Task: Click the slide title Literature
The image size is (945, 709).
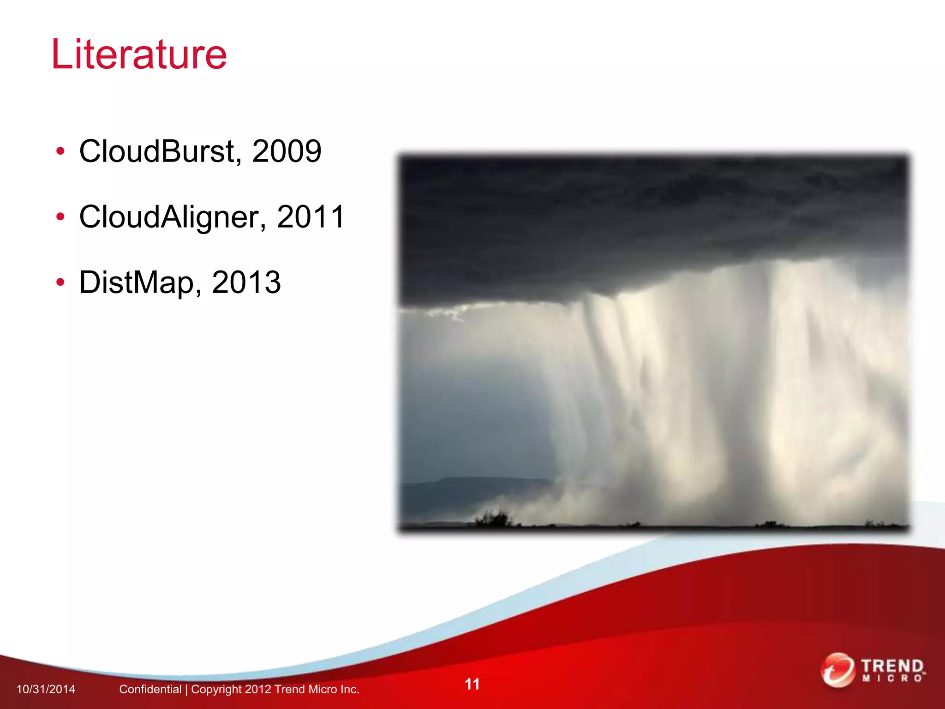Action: click(x=139, y=54)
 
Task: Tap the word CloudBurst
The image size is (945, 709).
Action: click(x=157, y=151)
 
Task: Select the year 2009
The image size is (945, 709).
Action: click(x=287, y=151)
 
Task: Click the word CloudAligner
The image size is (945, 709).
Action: click(x=169, y=217)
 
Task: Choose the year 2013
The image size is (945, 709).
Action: click(x=246, y=282)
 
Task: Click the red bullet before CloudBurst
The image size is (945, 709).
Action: click(x=60, y=152)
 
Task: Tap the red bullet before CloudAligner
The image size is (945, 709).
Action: click(x=60, y=217)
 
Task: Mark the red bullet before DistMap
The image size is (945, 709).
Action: click(x=60, y=282)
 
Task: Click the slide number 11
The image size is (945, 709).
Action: click(x=472, y=684)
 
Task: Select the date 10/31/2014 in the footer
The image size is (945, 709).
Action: click(x=46, y=690)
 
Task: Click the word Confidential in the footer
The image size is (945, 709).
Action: click(x=150, y=690)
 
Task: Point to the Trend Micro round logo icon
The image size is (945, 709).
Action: click(x=837, y=670)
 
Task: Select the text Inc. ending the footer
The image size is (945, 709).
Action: click(x=349, y=690)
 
